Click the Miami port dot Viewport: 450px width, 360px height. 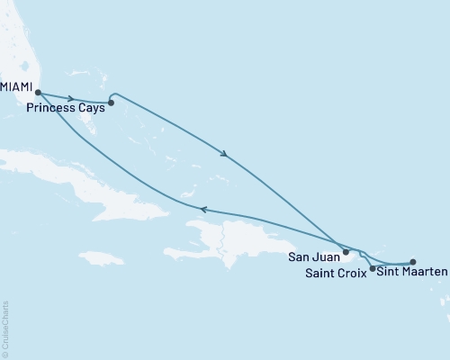click(38, 92)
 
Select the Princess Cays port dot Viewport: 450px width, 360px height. click(111, 103)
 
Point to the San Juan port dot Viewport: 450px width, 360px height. click(346, 252)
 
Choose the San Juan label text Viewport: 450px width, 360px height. click(314, 256)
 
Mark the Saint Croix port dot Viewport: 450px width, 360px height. click(373, 268)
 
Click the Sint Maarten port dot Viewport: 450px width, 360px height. click(412, 262)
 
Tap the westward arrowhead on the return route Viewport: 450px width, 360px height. click(203, 210)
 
